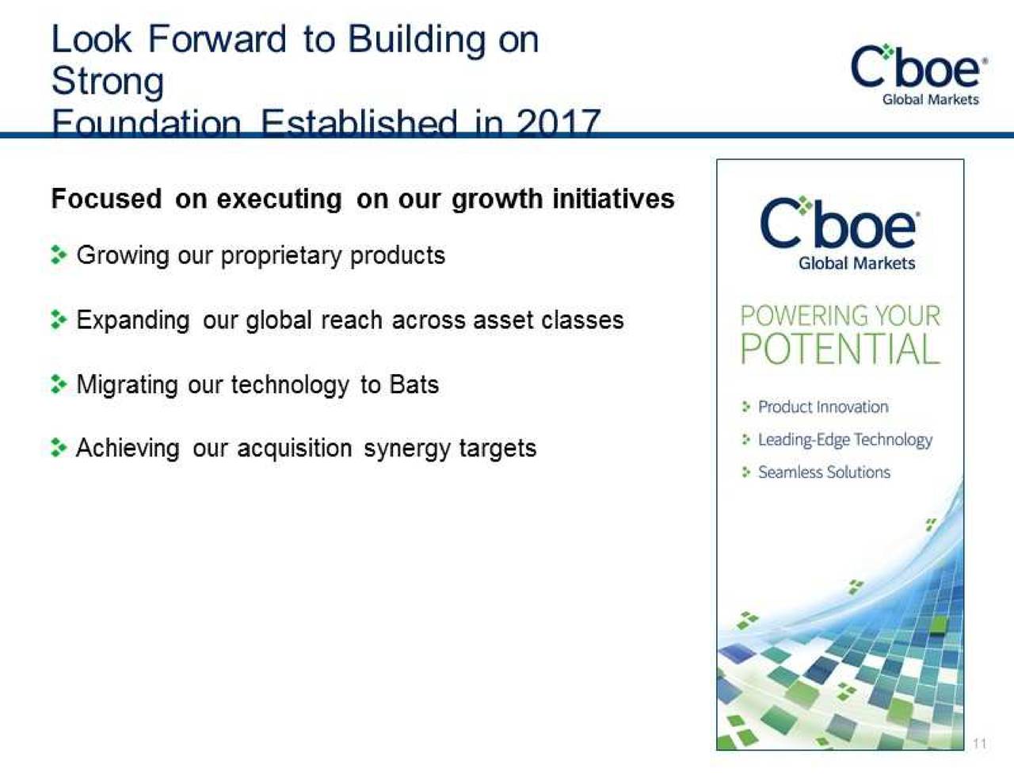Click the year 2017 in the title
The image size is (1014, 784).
(558, 124)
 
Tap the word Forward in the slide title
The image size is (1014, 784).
(217, 40)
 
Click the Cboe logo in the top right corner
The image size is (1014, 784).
(919, 73)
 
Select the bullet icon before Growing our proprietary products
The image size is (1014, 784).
(58, 255)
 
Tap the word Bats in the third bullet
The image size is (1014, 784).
(414, 384)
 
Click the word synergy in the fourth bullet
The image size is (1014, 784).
(395, 449)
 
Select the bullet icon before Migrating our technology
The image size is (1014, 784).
(58, 384)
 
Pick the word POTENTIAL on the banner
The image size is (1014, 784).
(840, 349)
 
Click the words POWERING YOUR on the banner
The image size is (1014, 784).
(840, 316)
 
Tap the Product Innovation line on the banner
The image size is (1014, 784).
(822, 407)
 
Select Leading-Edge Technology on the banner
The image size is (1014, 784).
(844, 439)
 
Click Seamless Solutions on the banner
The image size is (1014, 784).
(824, 472)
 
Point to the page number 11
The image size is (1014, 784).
(979, 743)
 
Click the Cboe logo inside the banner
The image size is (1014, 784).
(840, 224)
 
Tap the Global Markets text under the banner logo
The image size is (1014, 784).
(856, 263)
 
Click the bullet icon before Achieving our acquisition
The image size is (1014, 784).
(58, 448)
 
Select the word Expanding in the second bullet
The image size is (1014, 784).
(133, 320)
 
